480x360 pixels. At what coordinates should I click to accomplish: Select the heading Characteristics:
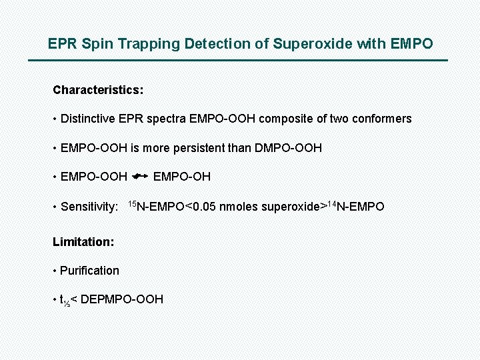coord(98,89)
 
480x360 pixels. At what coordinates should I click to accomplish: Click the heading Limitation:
coord(83,242)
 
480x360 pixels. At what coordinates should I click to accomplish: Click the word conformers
coord(381,119)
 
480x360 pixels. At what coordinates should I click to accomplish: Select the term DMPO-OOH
coord(288,147)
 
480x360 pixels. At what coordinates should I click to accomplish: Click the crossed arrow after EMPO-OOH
coord(140,176)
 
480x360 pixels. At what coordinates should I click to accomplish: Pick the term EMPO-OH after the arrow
coord(182,177)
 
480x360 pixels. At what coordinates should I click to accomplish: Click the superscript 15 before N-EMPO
coord(131,203)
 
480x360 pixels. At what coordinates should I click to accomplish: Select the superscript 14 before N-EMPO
coord(331,203)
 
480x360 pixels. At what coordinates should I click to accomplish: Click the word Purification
coord(89,271)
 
